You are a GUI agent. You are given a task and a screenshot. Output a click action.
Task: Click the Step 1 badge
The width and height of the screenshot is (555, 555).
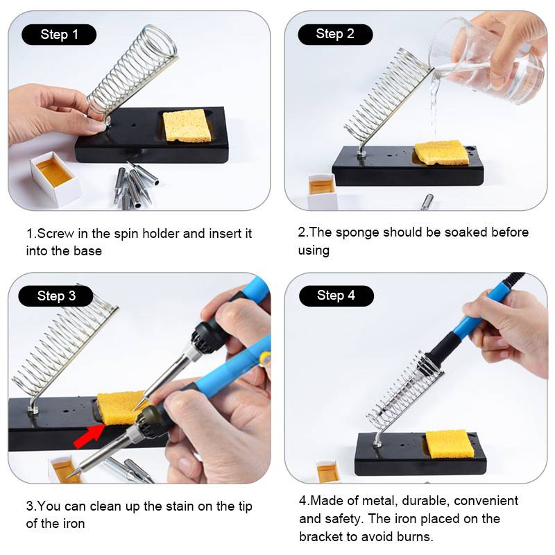(59, 35)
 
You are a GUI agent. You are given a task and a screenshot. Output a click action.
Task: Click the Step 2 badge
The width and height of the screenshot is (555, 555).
(335, 34)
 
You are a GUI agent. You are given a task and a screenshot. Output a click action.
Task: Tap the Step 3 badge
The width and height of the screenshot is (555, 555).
(55, 296)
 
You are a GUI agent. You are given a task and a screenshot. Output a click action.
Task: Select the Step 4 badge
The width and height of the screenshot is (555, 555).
(336, 296)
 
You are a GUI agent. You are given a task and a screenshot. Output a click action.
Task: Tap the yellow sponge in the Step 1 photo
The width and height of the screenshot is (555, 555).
(185, 126)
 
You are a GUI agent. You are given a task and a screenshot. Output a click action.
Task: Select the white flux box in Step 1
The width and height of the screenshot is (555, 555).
(55, 178)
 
